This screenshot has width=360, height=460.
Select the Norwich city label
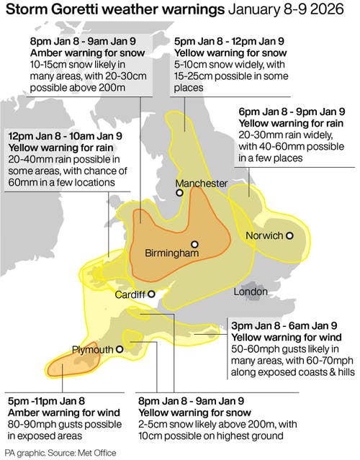(265, 236)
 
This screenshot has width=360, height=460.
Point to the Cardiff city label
(130, 294)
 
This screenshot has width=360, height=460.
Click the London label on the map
(251, 292)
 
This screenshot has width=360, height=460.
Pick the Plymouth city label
(93, 349)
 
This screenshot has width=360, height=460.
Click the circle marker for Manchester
(180, 192)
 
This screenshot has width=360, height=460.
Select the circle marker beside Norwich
(289, 235)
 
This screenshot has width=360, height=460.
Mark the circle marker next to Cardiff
(152, 294)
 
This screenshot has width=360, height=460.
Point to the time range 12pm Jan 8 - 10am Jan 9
(65, 135)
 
